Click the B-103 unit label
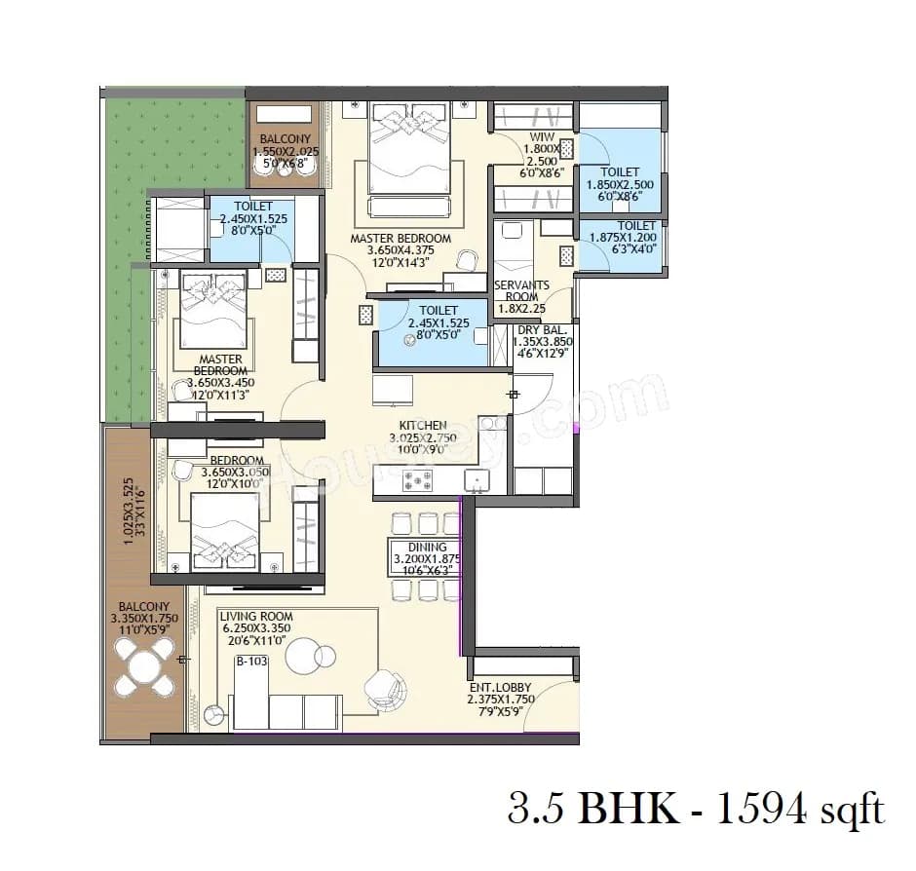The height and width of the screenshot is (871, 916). point(251,662)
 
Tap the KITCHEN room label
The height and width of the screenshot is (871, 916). point(422,426)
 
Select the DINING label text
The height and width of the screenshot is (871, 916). point(427,548)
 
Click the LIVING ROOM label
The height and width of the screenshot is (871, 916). point(255,617)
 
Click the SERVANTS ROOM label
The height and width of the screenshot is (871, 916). point(521,292)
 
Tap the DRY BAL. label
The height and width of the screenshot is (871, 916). point(542,329)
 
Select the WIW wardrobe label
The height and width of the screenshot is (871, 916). point(542,137)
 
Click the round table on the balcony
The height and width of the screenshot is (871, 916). point(142,668)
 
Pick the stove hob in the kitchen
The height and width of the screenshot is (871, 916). point(418,480)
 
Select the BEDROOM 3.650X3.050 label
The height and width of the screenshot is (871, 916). point(236,460)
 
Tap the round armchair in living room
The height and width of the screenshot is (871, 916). point(381,688)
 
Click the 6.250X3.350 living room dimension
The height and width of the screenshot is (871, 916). point(256,629)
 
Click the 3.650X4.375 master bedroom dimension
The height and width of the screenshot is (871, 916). point(401,250)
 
